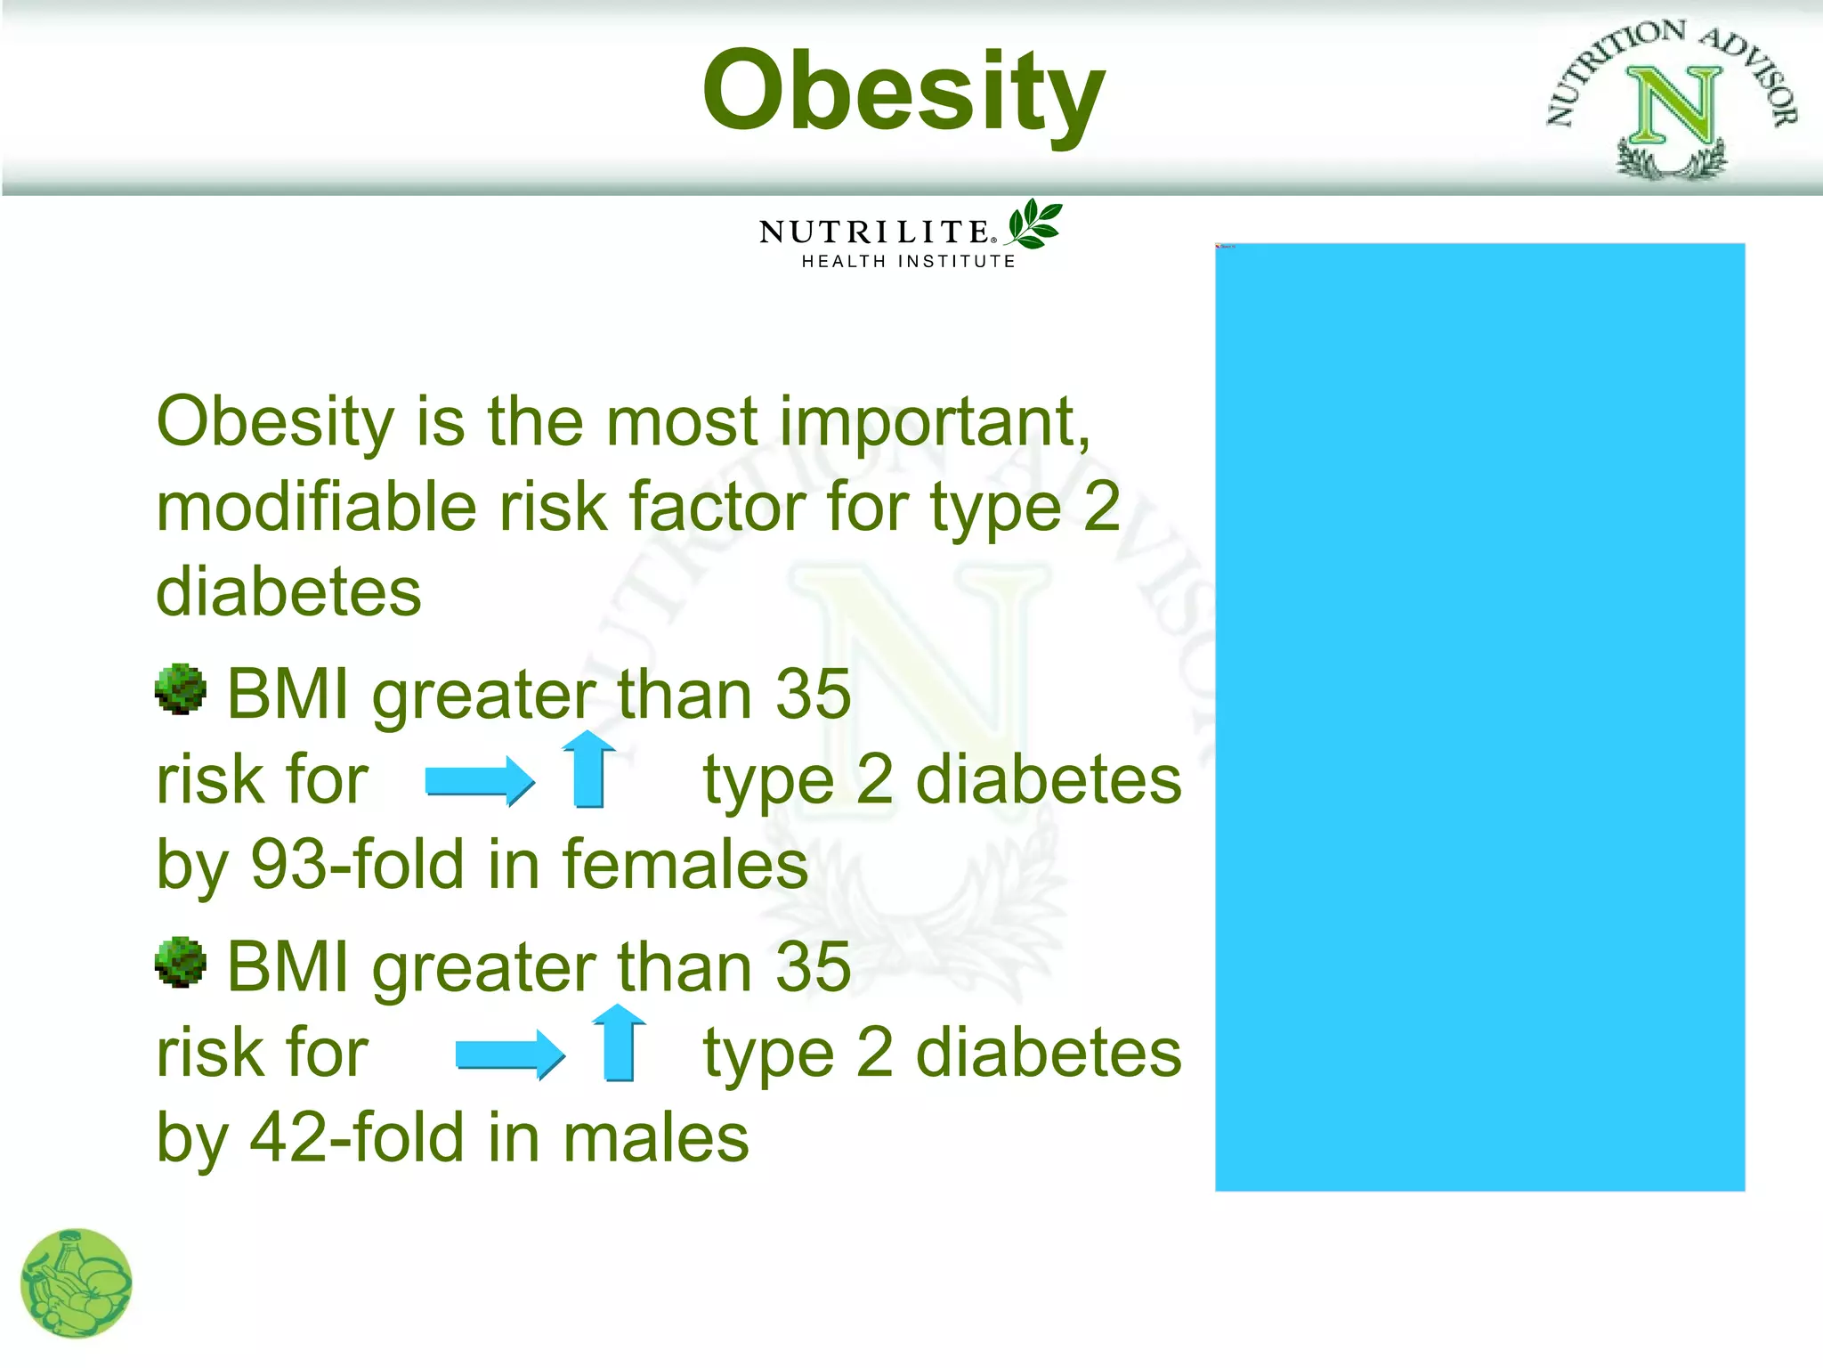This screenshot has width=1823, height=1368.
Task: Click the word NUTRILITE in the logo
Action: pyautogui.click(x=874, y=232)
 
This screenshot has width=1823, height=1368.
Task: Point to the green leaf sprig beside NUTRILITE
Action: pyautogui.click(x=1034, y=224)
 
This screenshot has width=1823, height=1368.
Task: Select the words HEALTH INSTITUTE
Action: pyautogui.click(x=908, y=262)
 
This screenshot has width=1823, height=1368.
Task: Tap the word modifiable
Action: pyautogui.click(x=316, y=507)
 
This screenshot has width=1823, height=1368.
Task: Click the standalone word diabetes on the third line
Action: pyautogui.click(x=288, y=592)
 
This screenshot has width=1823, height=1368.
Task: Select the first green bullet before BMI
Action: pyautogui.click(x=181, y=688)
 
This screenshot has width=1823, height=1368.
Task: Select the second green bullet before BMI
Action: pyautogui.click(x=181, y=962)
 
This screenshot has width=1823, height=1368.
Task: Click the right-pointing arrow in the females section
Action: pyautogui.click(x=480, y=781)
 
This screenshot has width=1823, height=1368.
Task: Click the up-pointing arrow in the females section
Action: pyautogui.click(x=589, y=769)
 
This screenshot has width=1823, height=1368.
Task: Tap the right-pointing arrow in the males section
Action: pyautogui.click(x=509, y=1054)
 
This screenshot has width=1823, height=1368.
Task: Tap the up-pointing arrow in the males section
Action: pyautogui.click(x=619, y=1043)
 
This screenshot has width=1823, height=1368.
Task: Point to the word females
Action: pyautogui.click(x=685, y=865)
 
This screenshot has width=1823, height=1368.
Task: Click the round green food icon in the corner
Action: pyautogui.click(x=77, y=1283)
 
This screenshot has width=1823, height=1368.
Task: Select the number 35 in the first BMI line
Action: pyautogui.click(x=813, y=694)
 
